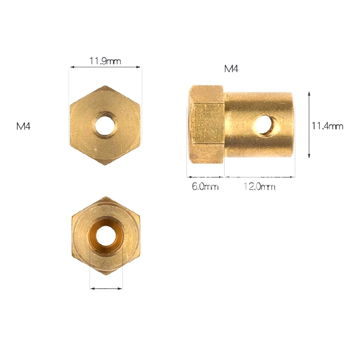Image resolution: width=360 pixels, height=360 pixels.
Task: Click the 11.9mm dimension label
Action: click(x=105, y=61)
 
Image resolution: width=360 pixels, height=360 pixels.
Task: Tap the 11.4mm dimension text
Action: click(x=327, y=126)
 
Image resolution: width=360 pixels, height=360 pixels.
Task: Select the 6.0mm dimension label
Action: click(x=205, y=186)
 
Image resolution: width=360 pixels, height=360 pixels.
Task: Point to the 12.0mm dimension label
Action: click(x=259, y=186)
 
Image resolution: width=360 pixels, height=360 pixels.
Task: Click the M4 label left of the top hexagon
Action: click(x=24, y=126)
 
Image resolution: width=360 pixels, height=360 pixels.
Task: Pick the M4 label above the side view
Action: click(x=231, y=69)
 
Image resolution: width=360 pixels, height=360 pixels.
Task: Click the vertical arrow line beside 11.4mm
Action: click(x=309, y=125)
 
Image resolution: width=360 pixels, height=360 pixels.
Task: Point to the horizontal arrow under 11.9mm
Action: click(x=105, y=67)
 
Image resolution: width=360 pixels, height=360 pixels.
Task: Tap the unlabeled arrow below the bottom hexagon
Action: click(x=106, y=289)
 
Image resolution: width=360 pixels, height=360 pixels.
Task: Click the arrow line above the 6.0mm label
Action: click(x=205, y=177)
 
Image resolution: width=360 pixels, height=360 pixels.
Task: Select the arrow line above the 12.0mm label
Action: click(x=259, y=177)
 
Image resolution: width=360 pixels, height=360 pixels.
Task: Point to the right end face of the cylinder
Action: click(x=291, y=125)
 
